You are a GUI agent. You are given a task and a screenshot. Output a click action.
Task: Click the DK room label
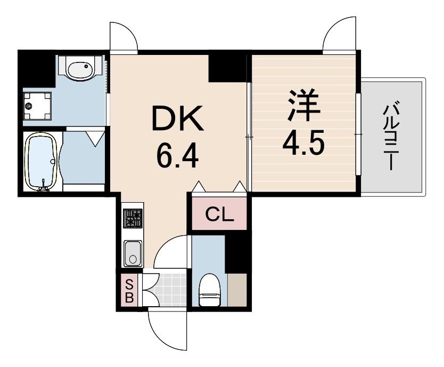(177, 119)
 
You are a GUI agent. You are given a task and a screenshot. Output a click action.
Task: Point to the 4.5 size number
(304, 142)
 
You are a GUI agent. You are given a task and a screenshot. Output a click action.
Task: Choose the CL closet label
(219, 216)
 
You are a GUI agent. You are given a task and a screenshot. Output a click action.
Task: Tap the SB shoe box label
(129, 289)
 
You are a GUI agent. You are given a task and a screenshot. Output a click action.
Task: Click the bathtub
(42, 161)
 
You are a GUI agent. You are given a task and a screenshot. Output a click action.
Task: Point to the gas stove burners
(133, 218)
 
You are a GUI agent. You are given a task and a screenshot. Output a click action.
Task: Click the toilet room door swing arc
(173, 252)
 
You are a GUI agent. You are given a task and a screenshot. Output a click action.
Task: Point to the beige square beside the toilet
(237, 290)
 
